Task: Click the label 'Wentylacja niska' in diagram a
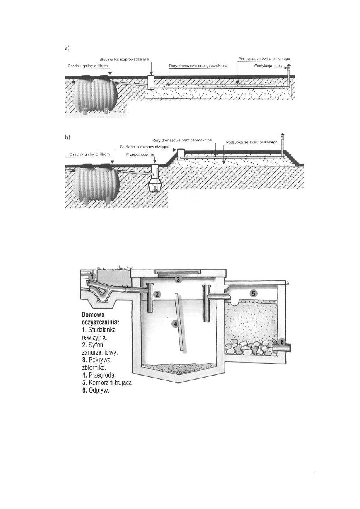tap(268, 66)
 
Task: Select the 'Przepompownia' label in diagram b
tap(140, 154)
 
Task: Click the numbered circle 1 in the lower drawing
tap(92, 276)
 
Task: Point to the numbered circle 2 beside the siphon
tap(157, 295)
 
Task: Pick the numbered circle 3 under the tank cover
tap(179, 279)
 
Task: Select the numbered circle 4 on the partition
tap(175, 324)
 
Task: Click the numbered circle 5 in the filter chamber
tap(253, 293)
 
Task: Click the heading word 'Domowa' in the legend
tap(93, 315)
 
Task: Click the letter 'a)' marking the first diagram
tap(67, 48)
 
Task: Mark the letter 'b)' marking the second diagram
tap(67, 137)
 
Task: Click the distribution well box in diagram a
tap(151, 82)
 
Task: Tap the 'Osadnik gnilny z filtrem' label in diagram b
tap(89, 154)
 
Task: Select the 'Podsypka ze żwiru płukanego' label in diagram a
tap(264, 59)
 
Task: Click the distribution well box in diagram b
tap(181, 154)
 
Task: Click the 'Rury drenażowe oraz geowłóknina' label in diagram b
tap(182, 140)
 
